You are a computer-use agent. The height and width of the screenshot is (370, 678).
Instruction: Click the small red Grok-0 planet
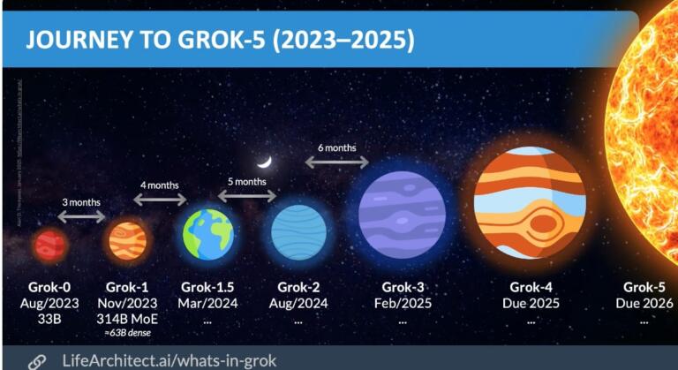coord(51,245)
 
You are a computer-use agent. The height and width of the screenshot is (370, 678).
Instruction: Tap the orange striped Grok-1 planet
coord(127,240)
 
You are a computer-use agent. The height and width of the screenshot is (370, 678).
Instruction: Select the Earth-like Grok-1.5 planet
coord(208,234)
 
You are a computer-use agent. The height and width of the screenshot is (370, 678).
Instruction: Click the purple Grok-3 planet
coord(402,215)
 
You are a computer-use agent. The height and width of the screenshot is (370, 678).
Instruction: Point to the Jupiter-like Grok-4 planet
coord(530,202)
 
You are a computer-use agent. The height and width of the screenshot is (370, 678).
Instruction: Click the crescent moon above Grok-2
coord(263,162)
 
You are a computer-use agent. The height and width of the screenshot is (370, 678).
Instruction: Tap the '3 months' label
coord(82,202)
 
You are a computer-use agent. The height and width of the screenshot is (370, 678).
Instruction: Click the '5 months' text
coord(248,181)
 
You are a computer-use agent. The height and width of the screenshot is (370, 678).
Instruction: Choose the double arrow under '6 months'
coord(336,162)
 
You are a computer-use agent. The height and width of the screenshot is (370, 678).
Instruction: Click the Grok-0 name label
coord(51,287)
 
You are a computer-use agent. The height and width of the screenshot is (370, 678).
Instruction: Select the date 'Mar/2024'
coord(208,303)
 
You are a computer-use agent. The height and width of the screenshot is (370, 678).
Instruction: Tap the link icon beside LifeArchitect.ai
coord(36,360)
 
